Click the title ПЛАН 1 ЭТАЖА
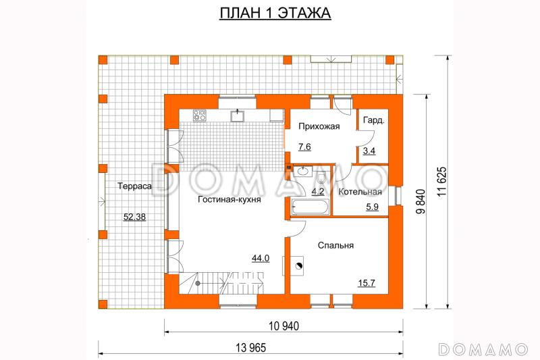pos(275,13)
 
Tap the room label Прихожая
pos(319,126)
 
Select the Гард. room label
pos(374,121)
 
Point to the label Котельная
pos(360,192)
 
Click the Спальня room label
pos(335,245)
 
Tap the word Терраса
pos(134,186)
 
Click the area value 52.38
pos(134,217)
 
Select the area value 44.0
pos(261,258)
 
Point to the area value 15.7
pos(367,283)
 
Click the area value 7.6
pos(304,147)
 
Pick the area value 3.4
pos(369,151)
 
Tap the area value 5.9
pos(373,207)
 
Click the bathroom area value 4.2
pos(318,192)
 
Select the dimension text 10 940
pos(283,326)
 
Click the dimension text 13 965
pos(250,348)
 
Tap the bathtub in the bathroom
pos(310,207)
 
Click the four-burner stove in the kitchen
pos(200,115)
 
